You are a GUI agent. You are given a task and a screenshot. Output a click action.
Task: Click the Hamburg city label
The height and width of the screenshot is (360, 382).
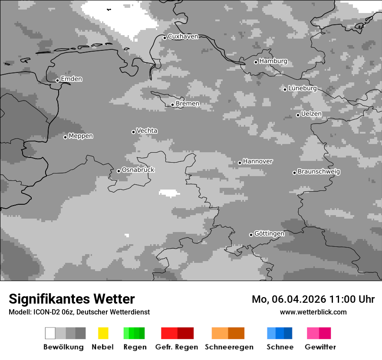coord(273,61)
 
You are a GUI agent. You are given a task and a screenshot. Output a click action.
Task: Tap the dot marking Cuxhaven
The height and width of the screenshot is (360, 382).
coord(165,38)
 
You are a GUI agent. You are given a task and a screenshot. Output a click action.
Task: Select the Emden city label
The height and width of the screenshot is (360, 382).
coord(71,79)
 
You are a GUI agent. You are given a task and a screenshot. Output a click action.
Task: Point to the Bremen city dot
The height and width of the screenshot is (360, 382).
coord(172,105)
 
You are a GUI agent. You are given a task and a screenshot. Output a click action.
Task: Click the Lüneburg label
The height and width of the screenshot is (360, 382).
coord(303,88)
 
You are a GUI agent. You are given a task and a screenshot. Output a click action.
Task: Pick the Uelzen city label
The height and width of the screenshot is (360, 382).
coord(311,114)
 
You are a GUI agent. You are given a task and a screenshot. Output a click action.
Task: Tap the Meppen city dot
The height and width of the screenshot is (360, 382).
coord(65,137)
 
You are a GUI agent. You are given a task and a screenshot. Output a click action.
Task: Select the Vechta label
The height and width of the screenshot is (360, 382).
coord(147,131)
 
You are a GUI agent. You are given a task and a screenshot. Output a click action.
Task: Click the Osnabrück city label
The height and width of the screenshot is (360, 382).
coord(138,170)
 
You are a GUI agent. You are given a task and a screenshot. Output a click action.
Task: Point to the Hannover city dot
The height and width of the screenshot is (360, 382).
coord(240,163)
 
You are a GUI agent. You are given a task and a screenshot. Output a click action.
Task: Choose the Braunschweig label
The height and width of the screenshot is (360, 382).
coord(319,171)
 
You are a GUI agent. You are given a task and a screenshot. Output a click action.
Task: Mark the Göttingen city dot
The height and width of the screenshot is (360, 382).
coord(251,235)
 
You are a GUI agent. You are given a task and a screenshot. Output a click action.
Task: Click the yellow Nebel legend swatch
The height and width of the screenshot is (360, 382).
coord(103,333)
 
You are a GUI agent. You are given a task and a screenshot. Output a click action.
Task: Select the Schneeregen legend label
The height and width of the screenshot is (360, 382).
coord(230,347)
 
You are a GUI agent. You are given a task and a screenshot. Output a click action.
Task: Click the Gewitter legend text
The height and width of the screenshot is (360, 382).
coord(320,347)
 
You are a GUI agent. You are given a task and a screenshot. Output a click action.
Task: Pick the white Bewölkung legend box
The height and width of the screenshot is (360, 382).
coord(50,333)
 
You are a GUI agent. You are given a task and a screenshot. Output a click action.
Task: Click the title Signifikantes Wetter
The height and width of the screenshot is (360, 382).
coord(72,299)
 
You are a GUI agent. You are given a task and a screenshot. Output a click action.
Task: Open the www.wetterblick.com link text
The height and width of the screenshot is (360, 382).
coord(313,312)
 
